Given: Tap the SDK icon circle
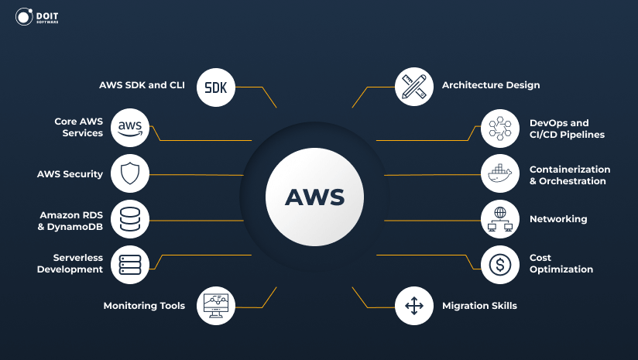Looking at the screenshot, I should (216, 86).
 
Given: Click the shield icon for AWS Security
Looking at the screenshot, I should (129, 173).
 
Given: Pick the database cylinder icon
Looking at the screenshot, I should (129, 219).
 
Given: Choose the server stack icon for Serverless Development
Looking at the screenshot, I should (129, 264).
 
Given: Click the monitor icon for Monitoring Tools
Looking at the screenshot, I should (216, 305).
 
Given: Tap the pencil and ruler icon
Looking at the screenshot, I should (413, 86).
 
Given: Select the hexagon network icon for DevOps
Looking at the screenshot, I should (499, 128).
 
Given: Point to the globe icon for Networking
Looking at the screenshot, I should (499, 219).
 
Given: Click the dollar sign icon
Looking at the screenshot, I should (499, 264).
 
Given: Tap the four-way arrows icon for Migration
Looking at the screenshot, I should (413, 305).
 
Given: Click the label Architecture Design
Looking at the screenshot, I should (490, 85).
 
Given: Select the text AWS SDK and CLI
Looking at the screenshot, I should (142, 85).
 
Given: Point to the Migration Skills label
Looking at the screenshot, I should (478, 306).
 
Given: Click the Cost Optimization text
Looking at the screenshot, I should (561, 264).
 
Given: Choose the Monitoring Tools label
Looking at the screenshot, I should (144, 306).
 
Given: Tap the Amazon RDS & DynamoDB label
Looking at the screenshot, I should (71, 220).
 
